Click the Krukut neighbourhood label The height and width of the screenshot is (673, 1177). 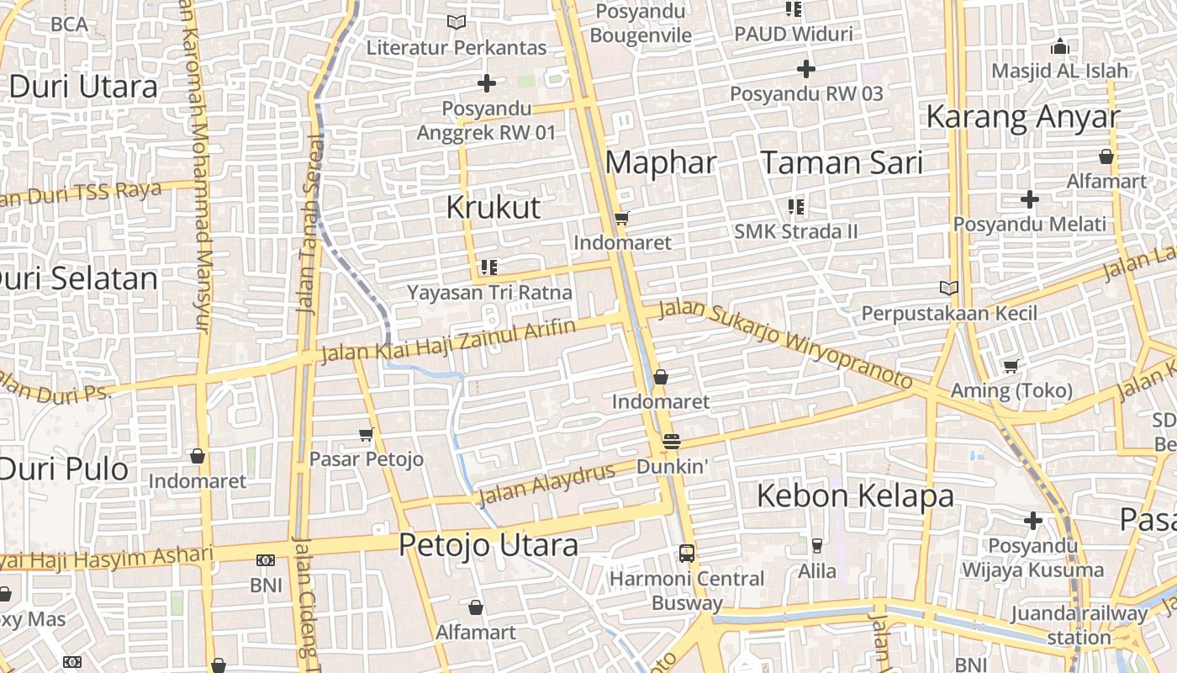(x=493, y=207)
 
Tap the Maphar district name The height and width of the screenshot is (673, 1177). (x=661, y=162)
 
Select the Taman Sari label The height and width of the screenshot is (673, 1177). (x=842, y=162)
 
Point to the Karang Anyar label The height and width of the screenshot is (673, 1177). (x=1022, y=117)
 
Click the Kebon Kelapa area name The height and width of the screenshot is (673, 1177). (x=855, y=495)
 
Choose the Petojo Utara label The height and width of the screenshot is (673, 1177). (x=488, y=545)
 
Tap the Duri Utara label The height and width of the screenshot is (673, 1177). (x=82, y=87)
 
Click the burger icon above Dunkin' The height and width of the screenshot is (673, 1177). (x=671, y=441)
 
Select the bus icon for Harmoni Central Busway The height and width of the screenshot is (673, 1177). (x=687, y=554)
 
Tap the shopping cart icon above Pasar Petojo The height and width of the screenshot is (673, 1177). (x=366, y=434)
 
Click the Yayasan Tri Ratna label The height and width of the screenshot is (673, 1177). (x=489, y=293)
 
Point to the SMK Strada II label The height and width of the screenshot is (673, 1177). (x=795, y=231)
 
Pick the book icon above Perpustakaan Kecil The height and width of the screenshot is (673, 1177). (x=949, y=289)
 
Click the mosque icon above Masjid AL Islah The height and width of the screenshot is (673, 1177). (x=1060, y=46)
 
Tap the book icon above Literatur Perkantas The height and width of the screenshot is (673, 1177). (x=457, y=23)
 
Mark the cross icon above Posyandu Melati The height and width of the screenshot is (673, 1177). (x=1030, y=199)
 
